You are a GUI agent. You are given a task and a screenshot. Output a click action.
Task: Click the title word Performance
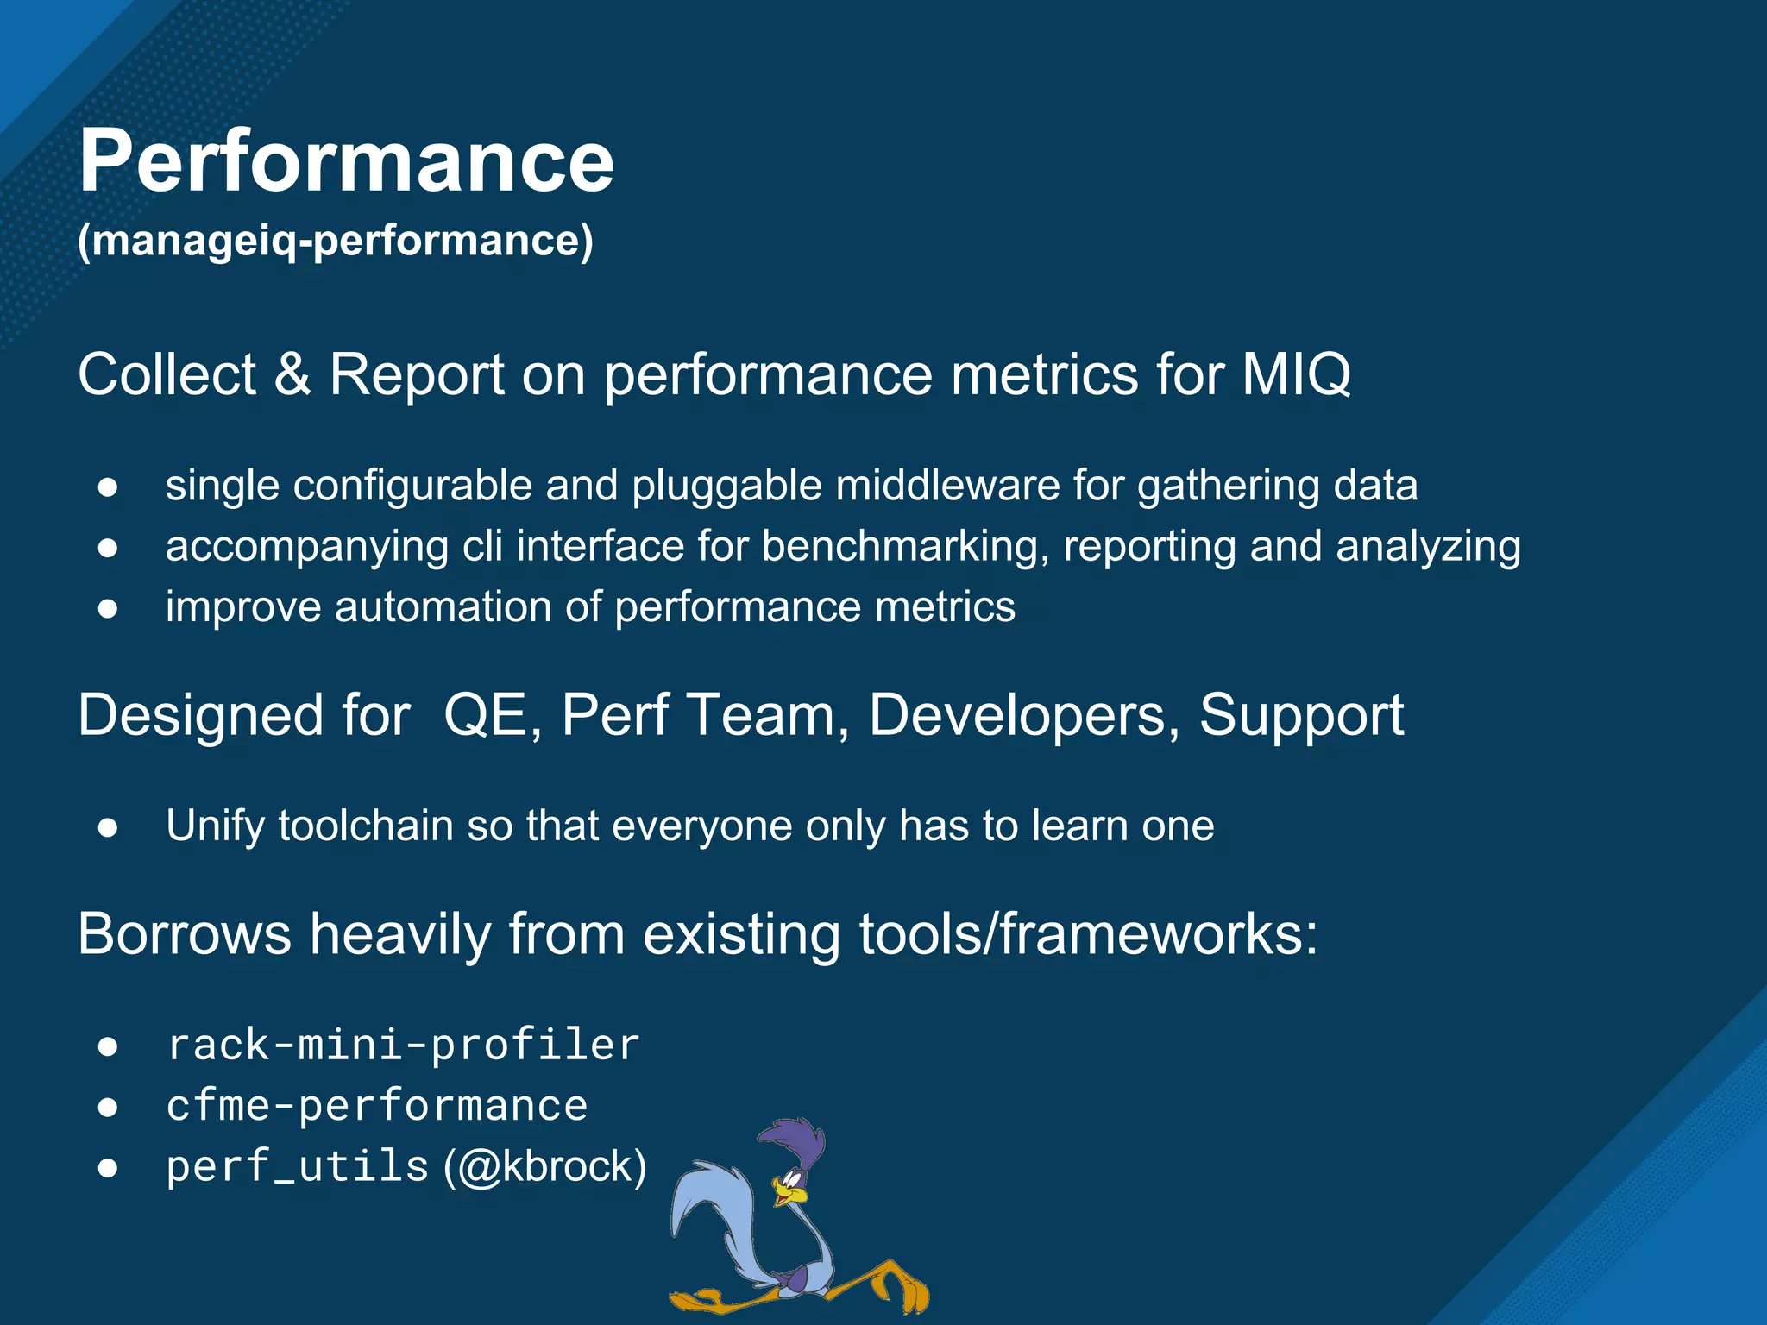[346, 161]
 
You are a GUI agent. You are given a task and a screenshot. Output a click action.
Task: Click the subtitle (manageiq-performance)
[336, 241]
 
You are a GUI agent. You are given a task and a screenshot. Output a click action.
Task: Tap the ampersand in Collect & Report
[292, 374]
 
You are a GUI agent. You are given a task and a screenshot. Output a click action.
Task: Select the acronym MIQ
[1296, 374]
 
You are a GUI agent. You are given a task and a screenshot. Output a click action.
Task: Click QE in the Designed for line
[485, 715]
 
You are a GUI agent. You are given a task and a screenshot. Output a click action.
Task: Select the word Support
[1301, 715]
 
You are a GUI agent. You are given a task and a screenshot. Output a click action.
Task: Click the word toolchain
[366, 826]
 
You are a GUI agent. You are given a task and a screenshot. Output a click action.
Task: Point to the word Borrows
[185, 934]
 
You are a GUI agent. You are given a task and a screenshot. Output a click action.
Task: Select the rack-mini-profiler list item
[403, 1046]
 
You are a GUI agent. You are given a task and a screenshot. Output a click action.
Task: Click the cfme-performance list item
[377, 1106]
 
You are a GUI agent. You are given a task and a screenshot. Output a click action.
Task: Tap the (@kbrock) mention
[545, 1166]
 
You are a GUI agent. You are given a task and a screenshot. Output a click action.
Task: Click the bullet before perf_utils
[108, 1168]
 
